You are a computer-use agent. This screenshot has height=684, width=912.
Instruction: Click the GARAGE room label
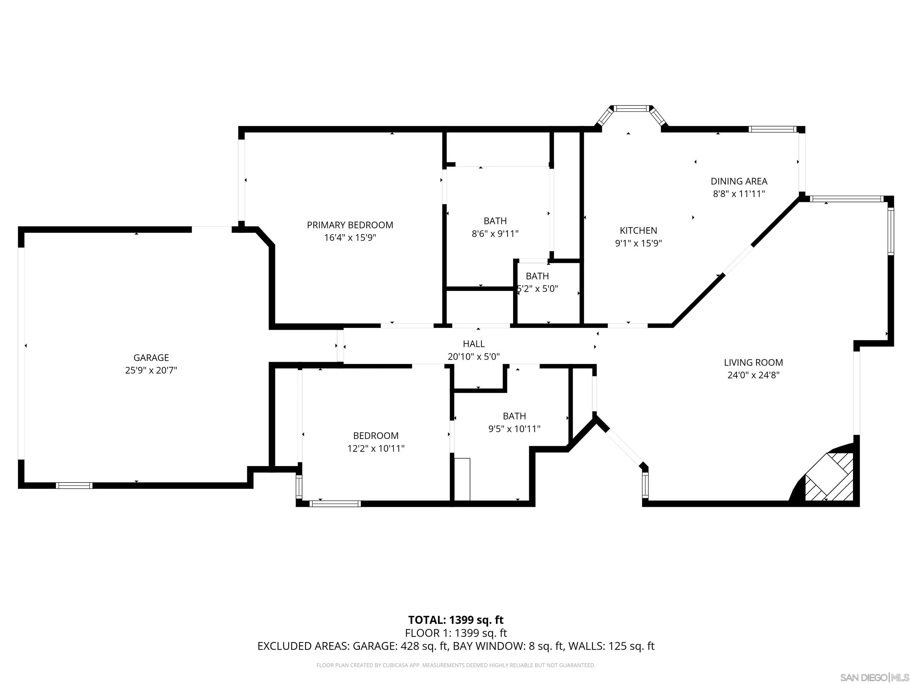pos(151,358)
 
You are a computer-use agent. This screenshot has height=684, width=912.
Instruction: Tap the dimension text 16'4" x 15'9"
pos(350,238)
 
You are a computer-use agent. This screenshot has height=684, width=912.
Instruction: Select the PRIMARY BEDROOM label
pos(350,225)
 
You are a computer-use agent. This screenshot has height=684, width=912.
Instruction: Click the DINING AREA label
pos(739,181)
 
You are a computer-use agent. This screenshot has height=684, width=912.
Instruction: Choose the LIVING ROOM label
pos(753,363)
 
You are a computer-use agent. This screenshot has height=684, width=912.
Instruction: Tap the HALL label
pos(474,344)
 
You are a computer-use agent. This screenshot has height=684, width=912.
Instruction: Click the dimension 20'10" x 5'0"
pos(474,357)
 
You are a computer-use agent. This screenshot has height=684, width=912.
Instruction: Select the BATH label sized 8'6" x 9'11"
pos(495,221)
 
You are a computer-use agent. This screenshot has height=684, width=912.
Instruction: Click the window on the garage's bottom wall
pos(74,486)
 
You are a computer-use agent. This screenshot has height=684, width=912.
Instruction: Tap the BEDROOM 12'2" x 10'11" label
pos(376,436)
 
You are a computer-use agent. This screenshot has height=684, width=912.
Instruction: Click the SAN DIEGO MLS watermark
pos(874,677)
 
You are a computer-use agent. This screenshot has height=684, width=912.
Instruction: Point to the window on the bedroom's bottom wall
pos(335,504)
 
